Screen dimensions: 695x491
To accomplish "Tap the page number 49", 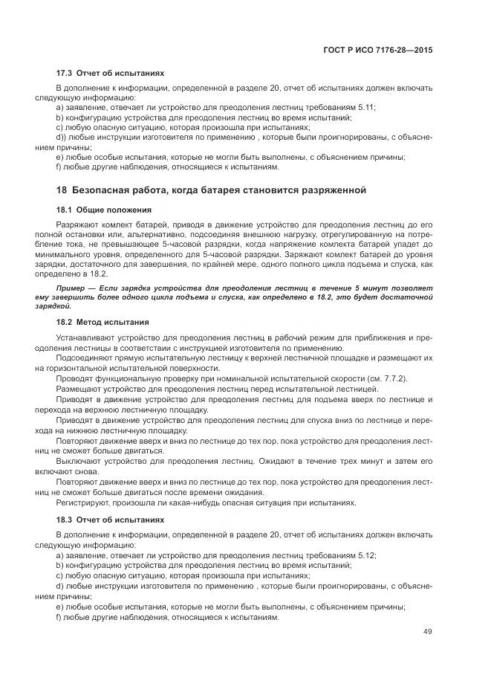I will tap(427, 632).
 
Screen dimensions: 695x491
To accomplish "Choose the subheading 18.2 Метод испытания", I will tap(103, 322).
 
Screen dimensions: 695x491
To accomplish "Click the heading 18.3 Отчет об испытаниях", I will tap(110, 520).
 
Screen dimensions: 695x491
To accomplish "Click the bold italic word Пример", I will tap(74, 286).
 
